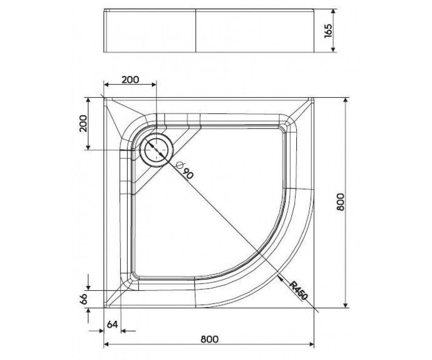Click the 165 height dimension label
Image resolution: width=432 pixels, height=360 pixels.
point(328,31)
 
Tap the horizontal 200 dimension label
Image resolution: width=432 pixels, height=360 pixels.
point(130,80)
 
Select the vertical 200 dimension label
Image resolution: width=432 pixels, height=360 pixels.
point(84,123)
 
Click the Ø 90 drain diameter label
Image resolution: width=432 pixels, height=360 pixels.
point(184,170)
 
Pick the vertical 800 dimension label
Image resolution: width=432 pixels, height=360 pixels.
point(340,202)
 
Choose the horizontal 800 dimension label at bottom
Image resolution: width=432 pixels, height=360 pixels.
point(210,339)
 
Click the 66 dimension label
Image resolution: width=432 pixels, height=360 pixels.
point(84,299)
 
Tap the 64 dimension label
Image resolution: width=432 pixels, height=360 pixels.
point(112,324)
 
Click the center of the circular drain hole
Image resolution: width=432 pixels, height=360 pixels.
point(156,150)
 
